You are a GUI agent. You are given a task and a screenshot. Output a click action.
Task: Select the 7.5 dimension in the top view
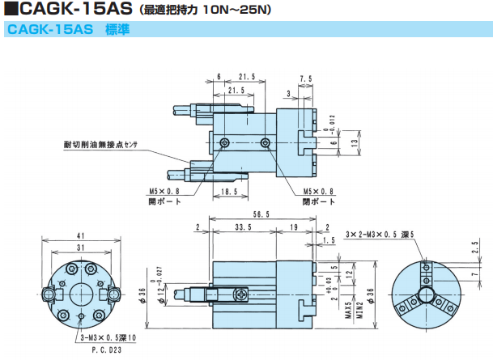click(x=305, y=78)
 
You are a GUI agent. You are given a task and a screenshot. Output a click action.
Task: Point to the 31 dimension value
click(x=81, y=246)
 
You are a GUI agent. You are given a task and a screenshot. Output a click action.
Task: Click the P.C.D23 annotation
click(x=106, y=351)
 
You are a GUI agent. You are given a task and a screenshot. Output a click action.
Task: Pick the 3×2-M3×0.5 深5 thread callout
click(x=380, y=234)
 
